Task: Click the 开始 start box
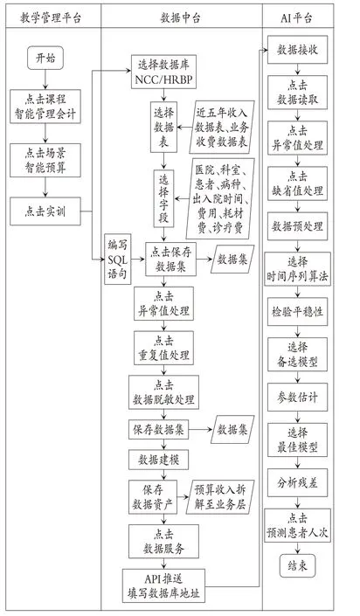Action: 45,59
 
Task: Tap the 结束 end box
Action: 297,565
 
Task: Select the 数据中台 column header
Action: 180,17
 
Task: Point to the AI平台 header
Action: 297,17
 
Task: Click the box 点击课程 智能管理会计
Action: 45,107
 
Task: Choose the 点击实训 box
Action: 45,211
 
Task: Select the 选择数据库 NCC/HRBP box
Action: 163,72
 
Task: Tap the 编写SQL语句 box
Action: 118,259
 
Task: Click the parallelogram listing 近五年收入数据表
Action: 222,127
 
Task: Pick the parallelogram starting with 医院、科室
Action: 220,199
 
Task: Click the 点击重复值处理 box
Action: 163,348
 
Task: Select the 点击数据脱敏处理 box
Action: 163,392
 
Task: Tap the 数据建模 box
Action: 158,460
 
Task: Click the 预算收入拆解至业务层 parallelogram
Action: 220,496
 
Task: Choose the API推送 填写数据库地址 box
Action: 163,585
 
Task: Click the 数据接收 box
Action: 297,50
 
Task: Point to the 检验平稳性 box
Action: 297,312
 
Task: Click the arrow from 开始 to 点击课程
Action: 45,80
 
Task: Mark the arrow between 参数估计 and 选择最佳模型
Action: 297,417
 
